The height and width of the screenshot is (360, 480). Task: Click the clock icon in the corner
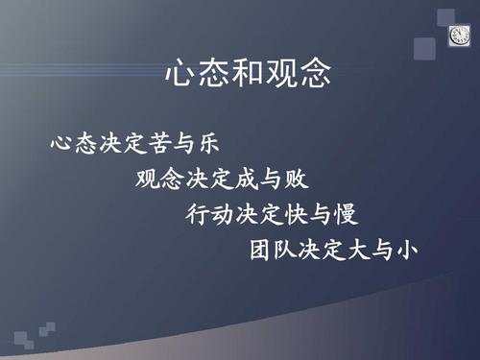pyautogui.click(x=459, y=36)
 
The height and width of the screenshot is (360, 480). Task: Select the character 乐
pyautogui.click(x=209, y=143)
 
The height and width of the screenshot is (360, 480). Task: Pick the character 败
pyautogui.click(x=297, y=179)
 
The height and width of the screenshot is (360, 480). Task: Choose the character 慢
pyautogui.click(x=346, y=214)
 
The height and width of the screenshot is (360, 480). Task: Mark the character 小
pyautogui.click(x=406, y=250)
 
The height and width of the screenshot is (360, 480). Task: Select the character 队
pyautogui.click(x=284, y=249)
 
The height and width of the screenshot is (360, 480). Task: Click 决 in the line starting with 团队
pyautogui.click(x=308, y=249)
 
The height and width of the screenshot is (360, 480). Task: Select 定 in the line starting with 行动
pyautogui.click(x=271, y=214)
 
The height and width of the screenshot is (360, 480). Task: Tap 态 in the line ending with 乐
pyautogui.click(x=86, y=143)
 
